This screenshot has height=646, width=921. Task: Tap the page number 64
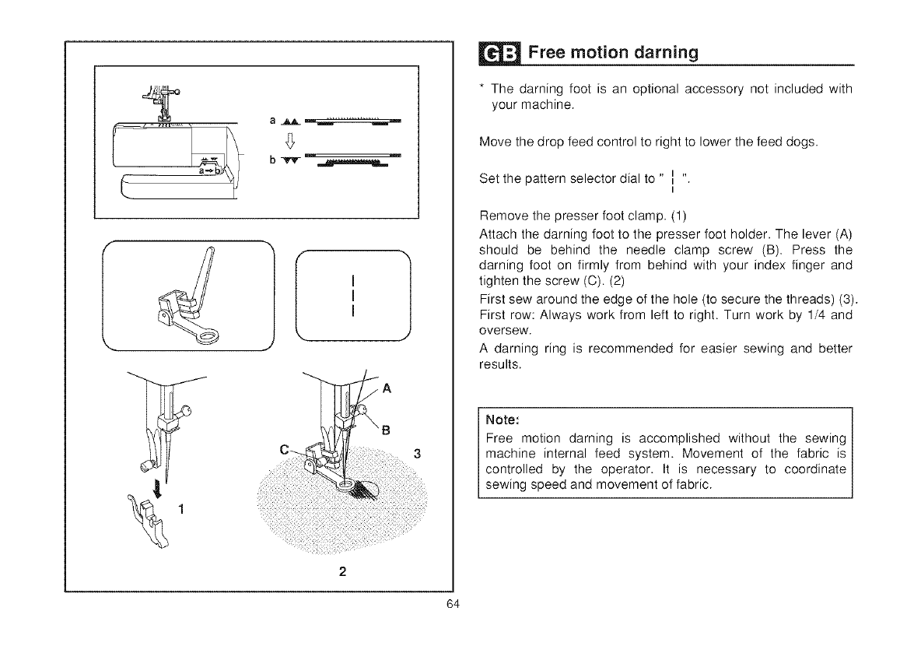tap(456, 607)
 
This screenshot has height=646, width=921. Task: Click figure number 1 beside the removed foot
tap(180, 510)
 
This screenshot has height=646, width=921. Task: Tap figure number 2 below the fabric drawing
tap(341, 571)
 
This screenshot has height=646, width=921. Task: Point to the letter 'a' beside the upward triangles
tap(273, 121)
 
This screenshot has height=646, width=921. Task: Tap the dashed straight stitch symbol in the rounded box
tap(353, 296)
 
